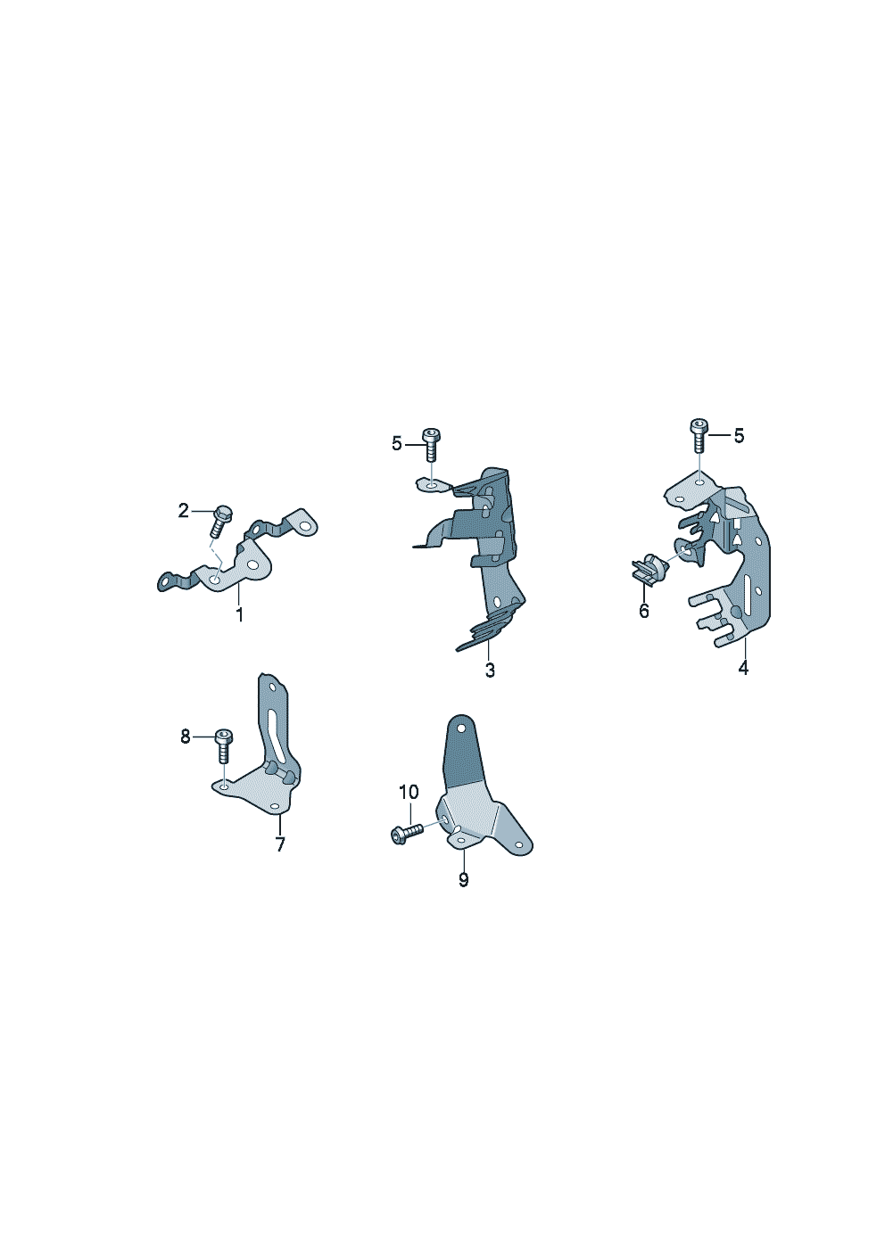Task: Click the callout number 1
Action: point(240,615)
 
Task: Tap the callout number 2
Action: point(184,510)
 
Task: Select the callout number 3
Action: point(490,671)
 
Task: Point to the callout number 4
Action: point(743,667)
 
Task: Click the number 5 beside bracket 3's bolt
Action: point(397,444)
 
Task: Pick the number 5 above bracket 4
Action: point(740,436)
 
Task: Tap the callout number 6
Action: point(644,611)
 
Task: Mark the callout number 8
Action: point(186,737)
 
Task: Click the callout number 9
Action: point(464,880)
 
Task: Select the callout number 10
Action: point(409,792)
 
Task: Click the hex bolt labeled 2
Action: point(220,520)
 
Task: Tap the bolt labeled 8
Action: point(224,746)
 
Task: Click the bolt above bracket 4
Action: point(699,435)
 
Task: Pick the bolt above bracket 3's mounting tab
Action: point(431,445)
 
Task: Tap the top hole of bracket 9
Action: point(461,728)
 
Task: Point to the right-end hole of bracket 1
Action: point(304,526)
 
